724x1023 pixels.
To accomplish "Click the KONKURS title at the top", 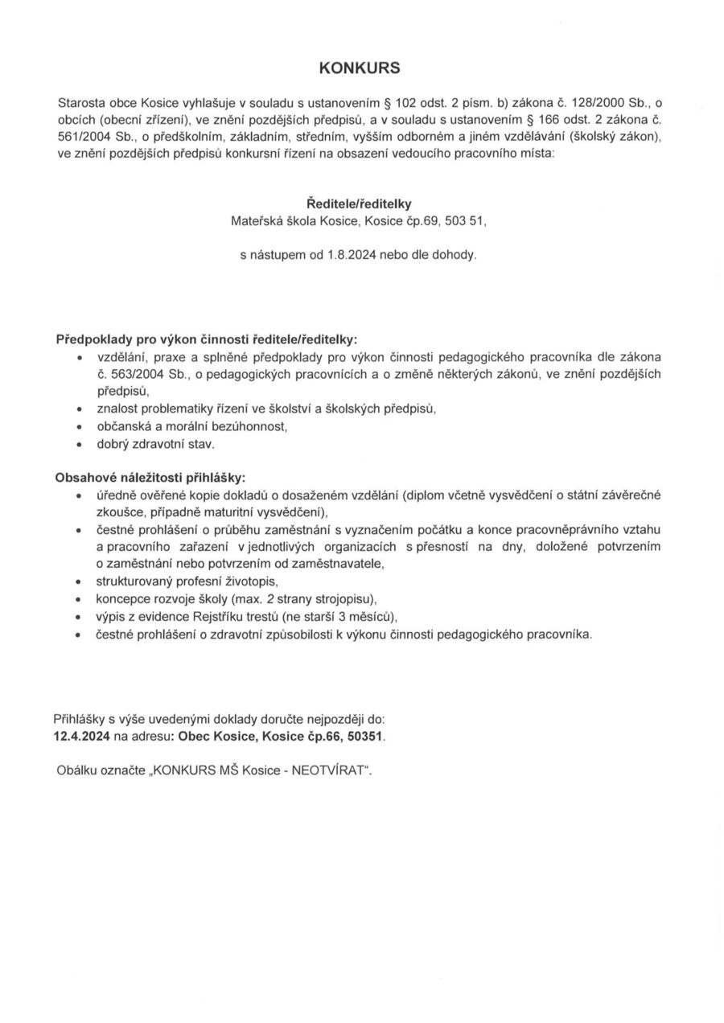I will point(360,68).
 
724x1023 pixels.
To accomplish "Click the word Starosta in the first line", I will point(82,104).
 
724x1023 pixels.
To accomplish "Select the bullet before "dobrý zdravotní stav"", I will point(79,444).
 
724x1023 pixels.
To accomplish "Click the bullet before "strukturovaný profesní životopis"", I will point(79,581).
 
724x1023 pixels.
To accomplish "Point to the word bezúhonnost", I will point(249,426).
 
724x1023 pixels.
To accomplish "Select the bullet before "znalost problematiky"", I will point(79,409).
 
